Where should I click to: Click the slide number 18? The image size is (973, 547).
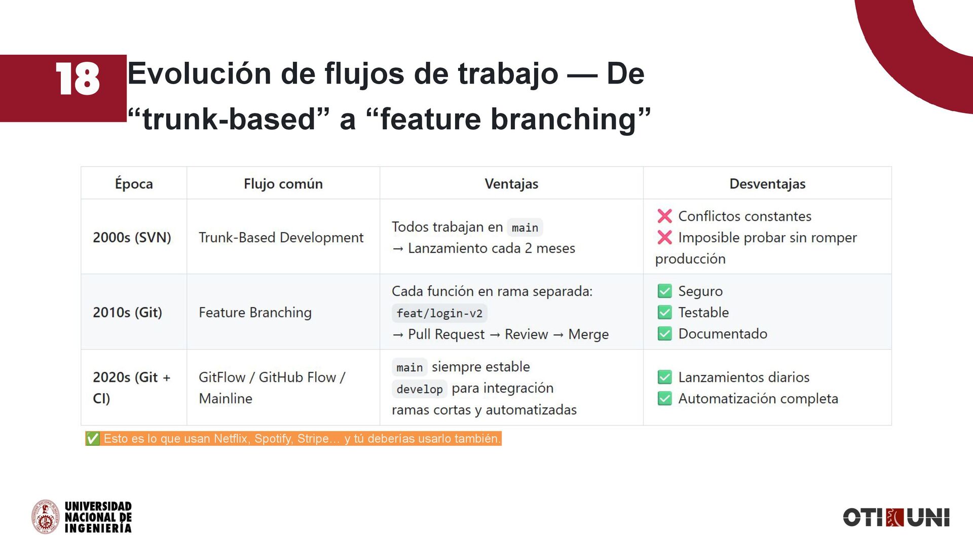tap(78, 79)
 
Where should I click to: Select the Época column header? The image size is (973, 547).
tap(134, 184)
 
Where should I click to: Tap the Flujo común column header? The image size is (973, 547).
tap(283, 184)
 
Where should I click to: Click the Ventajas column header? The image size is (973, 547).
tap(511, 184)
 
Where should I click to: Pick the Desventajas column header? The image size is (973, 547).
tap(767, 184)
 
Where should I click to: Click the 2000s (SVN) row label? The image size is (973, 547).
tap(132, 238)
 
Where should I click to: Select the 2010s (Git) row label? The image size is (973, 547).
tap(127, 312)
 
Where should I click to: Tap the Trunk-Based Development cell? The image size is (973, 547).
tap(281, 238)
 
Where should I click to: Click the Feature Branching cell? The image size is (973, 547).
tap(255, 312)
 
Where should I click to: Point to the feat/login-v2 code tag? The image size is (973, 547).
tap(439, 314)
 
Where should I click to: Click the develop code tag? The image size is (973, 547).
tap(419, 389)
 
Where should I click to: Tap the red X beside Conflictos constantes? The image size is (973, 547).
tap(664, 216)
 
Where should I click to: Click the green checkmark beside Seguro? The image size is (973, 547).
tap(664, 291)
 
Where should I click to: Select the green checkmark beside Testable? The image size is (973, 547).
tap(664, 312)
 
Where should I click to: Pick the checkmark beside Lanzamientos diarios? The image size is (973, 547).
tap(664, 377)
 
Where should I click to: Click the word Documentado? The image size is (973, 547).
tap(723, 334)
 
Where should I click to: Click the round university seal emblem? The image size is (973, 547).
tap(46, 517)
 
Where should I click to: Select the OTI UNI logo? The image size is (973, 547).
tap(896, 518)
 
